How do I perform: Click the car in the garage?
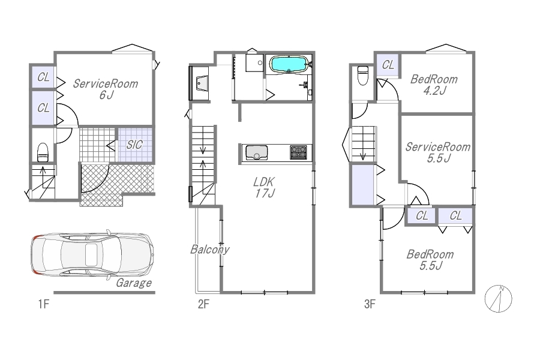[92, 254]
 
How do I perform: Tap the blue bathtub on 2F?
[288, 64]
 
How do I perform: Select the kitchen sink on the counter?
[257, 152]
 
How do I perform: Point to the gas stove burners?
[298, 152]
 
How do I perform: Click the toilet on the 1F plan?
[43, 152]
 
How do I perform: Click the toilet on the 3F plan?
[363, 75]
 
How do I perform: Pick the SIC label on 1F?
[134, 145]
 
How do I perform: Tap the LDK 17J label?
[265, 187]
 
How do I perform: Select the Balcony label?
[210, 249]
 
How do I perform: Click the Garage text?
[134, 283]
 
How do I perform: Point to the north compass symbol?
[499, 299]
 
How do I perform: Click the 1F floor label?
[44, 304]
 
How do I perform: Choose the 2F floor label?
[203, 304]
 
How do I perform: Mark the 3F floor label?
[370, 304]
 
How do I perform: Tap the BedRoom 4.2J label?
[434, 85]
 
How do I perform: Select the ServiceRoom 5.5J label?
[438, 152]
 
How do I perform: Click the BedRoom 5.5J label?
[430, 260]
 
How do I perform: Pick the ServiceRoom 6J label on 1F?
[106, 89]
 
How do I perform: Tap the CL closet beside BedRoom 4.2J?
[388, 65]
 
